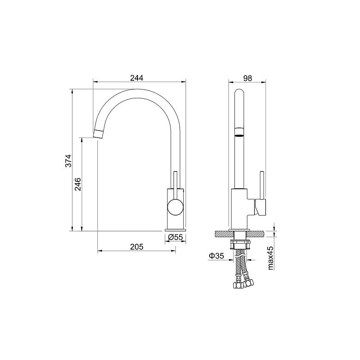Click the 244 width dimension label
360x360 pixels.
point(137,78)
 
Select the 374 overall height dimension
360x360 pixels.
point(68,161)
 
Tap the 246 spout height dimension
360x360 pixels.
point(78,184)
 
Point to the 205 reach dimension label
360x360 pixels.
point(137,247)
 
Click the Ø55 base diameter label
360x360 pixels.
point(175,237)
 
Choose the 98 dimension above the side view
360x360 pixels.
point(247,78)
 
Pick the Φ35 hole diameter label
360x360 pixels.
point(216,256)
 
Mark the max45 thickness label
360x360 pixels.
point(270,258)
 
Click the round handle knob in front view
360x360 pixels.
point(175,207)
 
